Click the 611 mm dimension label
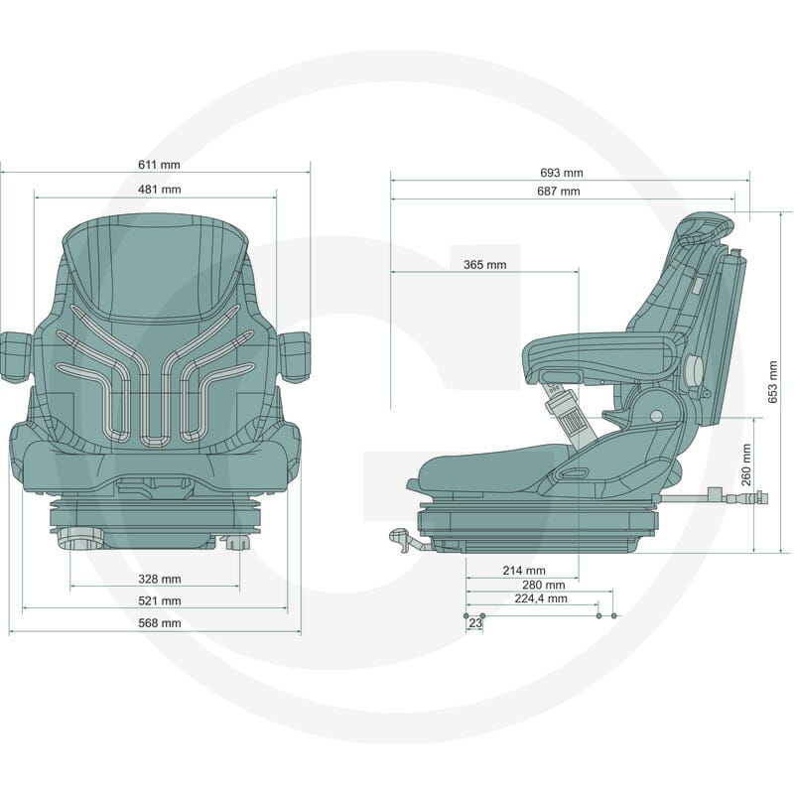(159, 165)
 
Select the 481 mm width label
(160, 190)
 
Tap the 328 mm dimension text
(160, 579)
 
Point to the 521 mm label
(160, 601)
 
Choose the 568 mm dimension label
(160, 623)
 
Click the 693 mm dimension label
(562, 173)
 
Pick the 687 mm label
(559, 192)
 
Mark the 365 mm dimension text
(484, 265)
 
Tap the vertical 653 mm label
(773, 382)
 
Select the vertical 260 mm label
(746, 464)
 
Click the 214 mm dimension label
(524, 571)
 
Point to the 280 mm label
(543, 585)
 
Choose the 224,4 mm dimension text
(541, 598)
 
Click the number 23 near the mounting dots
(475, 623)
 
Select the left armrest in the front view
(15, 355)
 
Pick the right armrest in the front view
(295, 355)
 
